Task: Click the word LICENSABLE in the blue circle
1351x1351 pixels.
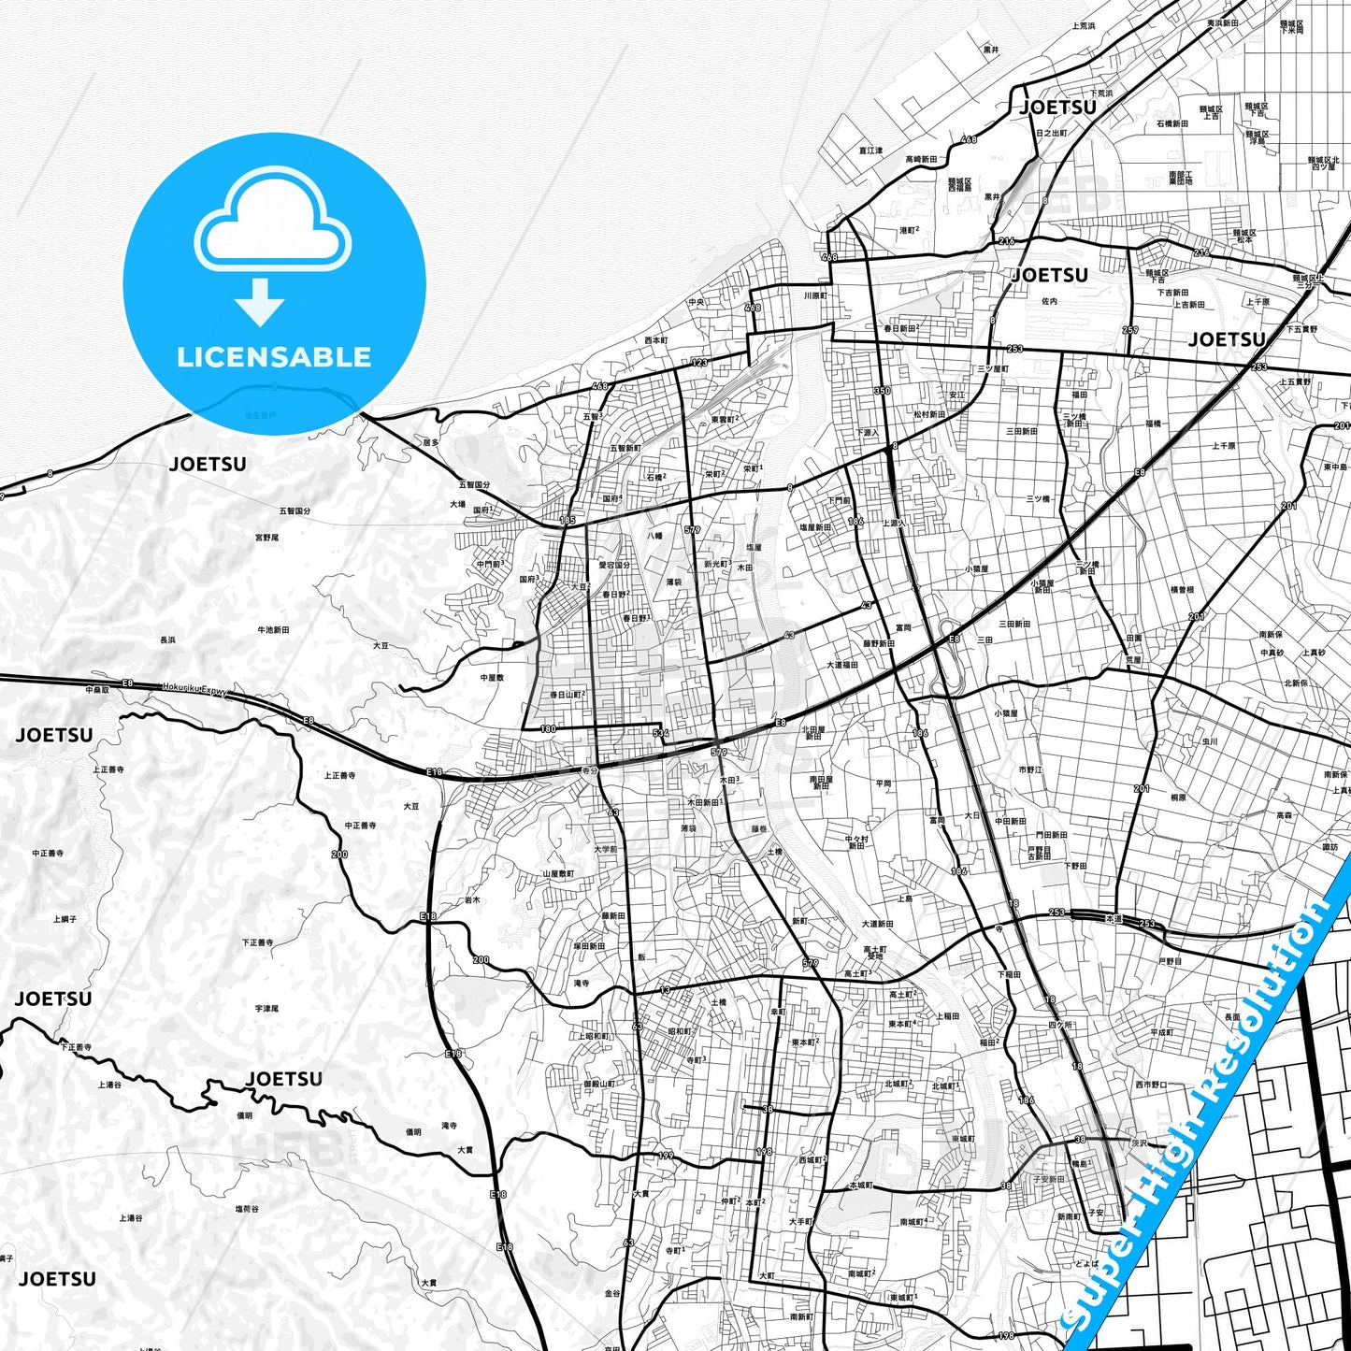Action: [x=274, y=356]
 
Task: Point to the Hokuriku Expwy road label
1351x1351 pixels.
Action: [x=194, y=690]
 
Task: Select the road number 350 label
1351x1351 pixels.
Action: [x=882, y=391]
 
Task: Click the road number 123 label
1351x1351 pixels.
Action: [x=699, y=363]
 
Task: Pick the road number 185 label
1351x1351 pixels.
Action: [x=568, y=520]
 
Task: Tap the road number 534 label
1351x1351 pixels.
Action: [x=661, y=733]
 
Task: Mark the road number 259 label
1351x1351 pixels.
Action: [x=1130, y=330]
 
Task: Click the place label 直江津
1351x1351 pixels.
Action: [x=870, y=151]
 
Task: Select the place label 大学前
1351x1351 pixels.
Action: [x=605, y=850]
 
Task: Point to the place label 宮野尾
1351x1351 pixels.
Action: [x=266, y=538]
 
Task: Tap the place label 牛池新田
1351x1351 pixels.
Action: [x=273, y=630]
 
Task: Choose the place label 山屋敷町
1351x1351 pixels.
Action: [x=558, y=874]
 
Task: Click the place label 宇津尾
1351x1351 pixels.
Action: [x=266, y=1009]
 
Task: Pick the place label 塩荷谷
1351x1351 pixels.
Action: [x=247, y=1209]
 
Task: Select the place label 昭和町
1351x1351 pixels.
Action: [x=679, y=1031]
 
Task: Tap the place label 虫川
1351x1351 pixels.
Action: [x=1210, y=741]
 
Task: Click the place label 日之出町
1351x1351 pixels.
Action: [x=1051, y=134]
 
